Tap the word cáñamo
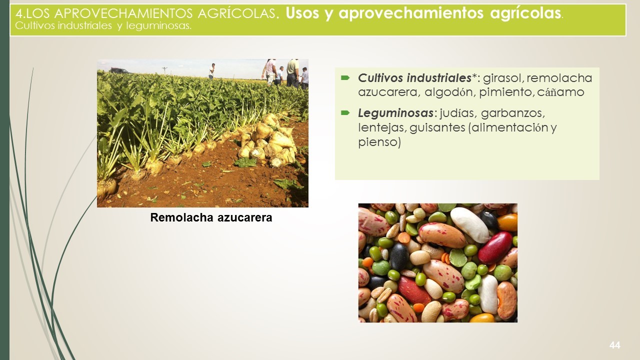[x=560, y=92]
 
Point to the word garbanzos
[x=513, y=113]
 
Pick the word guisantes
[x=437, y=127]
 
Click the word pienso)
[x=379, y=142]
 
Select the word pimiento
[x=505, y=92]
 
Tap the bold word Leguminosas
[x=395, y=113]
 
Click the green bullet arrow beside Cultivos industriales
[x=345, y=77]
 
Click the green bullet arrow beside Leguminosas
[x=345, y=113]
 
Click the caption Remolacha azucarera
[x=211, y=217]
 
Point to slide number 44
[x=614, y=345]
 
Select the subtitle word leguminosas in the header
[x=158, y=26]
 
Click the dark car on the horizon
[x=119, y=70]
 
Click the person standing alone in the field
[x=211, y=71]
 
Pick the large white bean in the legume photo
[x=469, y=225]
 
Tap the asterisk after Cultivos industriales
[x=474, y=76]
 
